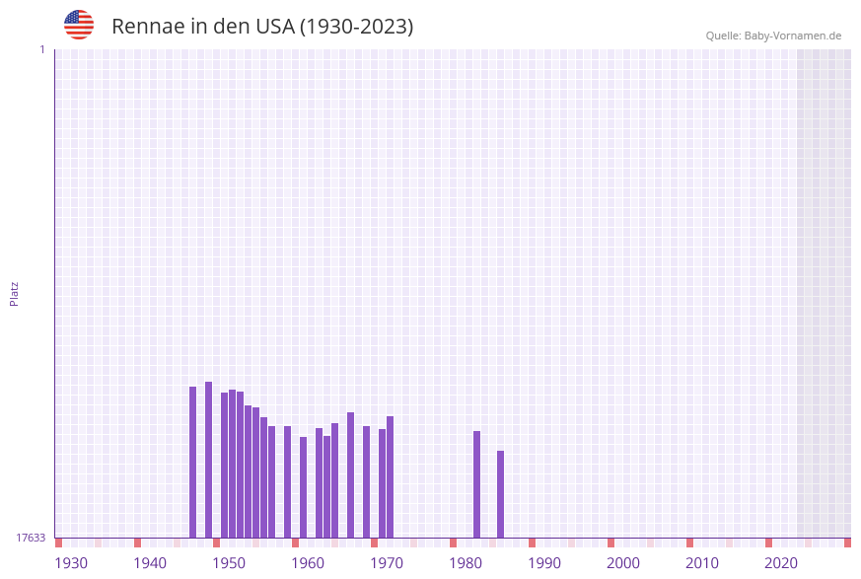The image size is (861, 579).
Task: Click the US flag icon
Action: click(x=79, y=25)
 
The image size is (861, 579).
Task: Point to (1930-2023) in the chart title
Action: click(x=356, y=27)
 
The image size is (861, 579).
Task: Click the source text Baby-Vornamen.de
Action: click(x=793, y=36)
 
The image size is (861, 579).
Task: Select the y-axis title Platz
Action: click(x=15, y=293)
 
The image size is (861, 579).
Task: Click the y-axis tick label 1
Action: click(x=41, y=49)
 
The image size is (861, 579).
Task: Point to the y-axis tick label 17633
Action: click(x=31, y=538)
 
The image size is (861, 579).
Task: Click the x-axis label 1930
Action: click(x=71, y=563)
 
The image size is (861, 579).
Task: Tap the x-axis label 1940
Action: click(x=150, y=563)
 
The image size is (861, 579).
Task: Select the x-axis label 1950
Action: click(x=229, y=563)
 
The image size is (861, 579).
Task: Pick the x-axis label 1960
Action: click(x=308, y=563)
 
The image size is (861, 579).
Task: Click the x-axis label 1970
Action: click(x=387, y=563)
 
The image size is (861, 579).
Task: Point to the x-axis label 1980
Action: click(x=466, y=563)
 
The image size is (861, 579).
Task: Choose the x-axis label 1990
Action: click(x=544, y=563)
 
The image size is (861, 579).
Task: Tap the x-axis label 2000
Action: click(x=623, y=563)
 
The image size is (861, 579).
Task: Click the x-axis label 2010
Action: click(x=702, y=563)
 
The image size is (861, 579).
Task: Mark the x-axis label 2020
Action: click(x=781, y=563)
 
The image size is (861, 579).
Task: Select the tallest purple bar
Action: click(x=209, y=459)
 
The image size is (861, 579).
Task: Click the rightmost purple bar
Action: click(x=501, y=493)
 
